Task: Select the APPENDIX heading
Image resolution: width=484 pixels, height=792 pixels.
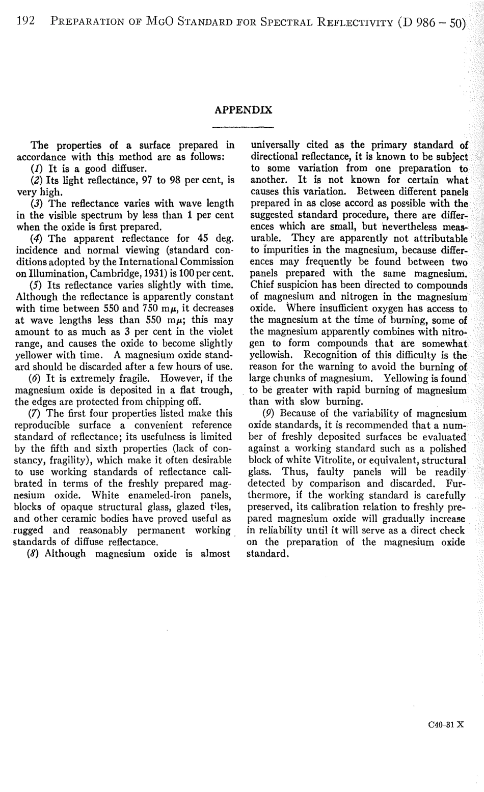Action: [243, 110]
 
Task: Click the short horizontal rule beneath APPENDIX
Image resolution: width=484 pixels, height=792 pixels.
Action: [243, 127]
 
